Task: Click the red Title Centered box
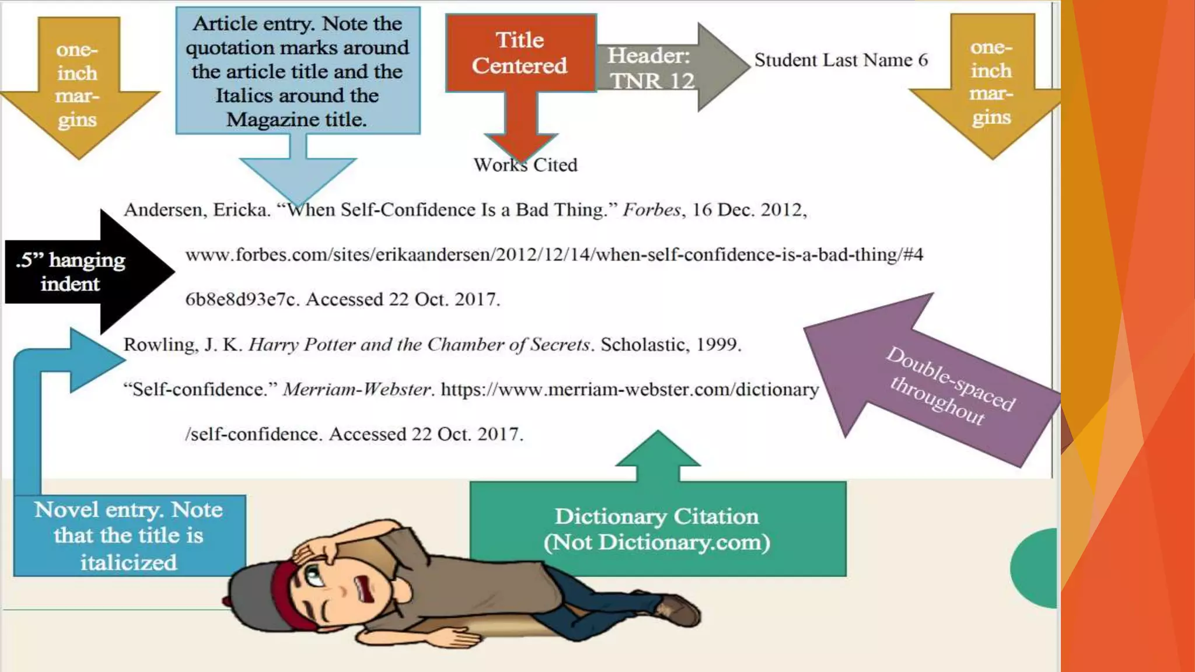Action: (520, 53)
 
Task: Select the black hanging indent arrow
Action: (88, 272)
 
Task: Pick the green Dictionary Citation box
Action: (657, 528)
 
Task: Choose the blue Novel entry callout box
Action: (129, 535)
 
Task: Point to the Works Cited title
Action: (525, 165)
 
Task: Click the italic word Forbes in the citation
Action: (651, 210)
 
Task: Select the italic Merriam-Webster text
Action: (357, 390)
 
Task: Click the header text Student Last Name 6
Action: (840, 60)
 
